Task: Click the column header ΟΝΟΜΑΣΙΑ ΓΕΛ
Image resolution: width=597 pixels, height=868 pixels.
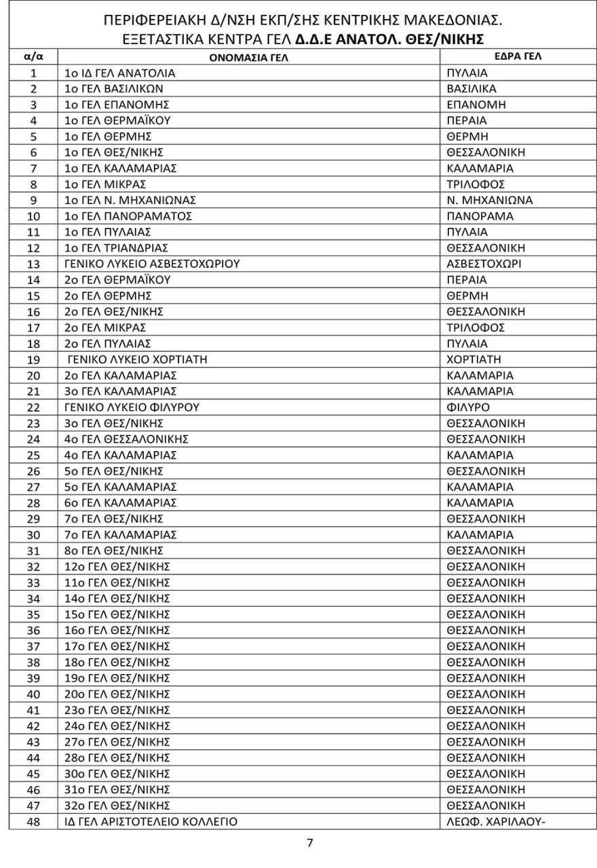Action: click(248, 58)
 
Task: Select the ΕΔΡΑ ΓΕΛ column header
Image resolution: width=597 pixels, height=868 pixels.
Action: click(518, 57)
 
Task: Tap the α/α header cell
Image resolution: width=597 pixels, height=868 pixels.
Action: click(34, 58)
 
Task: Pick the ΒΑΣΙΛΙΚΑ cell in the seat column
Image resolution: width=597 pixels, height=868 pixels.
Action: click(471, 89)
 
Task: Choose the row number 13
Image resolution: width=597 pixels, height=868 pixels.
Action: click(34, 264)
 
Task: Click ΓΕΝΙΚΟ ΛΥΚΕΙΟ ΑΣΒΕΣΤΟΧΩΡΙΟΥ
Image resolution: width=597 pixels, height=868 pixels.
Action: click(153, 264)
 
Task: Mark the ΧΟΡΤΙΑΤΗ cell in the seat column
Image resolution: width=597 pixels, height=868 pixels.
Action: click(474, 359)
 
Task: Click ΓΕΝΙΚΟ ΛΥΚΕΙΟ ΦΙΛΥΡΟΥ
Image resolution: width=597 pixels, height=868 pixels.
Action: click(132, 408)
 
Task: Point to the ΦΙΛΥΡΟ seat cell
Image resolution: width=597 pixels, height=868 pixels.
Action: click(468, 408)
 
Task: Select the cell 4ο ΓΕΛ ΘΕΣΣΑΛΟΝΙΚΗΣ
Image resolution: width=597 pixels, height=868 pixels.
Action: click(126, 439)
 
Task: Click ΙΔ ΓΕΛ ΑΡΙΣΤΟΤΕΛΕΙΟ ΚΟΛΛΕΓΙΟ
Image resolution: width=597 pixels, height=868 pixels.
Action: click(151, 821)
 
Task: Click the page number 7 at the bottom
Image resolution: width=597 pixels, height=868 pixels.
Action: click(310, 844)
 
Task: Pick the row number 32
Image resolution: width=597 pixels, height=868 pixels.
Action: click(34, 566)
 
